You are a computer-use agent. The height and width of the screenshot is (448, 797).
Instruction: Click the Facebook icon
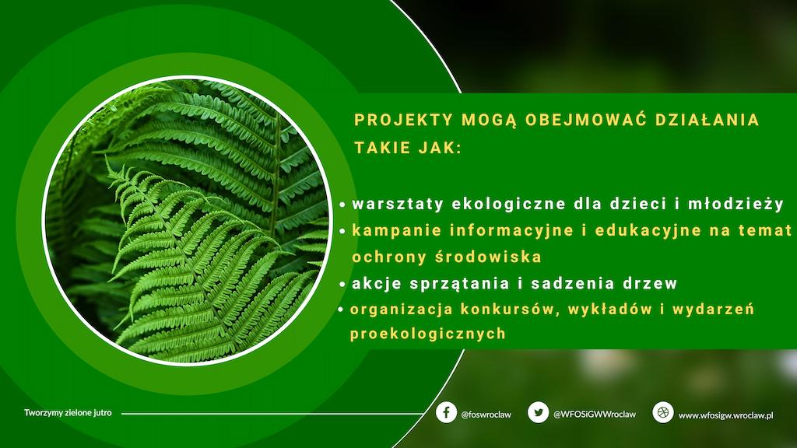pos(446,412)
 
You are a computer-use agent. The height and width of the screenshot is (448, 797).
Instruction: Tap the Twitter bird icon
pos(538,412)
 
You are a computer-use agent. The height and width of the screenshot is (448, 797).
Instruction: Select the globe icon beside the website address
pos(663,412)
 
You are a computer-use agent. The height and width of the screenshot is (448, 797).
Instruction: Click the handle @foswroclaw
pos(486,415)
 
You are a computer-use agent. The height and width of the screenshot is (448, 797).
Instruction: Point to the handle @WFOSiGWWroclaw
pos(594,414)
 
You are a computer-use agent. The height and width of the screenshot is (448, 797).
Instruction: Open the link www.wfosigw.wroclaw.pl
pos(726,415)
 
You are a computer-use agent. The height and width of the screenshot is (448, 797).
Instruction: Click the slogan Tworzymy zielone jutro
pos(68,412)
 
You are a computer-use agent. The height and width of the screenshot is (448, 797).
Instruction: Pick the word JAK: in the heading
pos(441,148)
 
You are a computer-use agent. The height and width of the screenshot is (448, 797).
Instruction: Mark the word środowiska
pos(489,257)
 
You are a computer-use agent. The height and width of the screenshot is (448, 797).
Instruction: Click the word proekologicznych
pos(428,334)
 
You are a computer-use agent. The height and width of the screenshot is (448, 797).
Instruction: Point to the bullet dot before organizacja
pos(341,310)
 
